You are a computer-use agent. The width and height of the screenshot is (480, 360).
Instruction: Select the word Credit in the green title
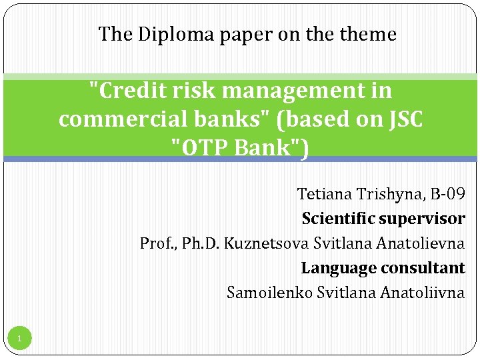coord(125,91)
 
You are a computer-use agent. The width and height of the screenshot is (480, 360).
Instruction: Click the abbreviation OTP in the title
coord(203,147)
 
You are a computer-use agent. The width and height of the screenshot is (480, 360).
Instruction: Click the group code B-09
coord(447,194)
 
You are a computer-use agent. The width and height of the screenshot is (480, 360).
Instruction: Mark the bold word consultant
coord(424,268)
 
